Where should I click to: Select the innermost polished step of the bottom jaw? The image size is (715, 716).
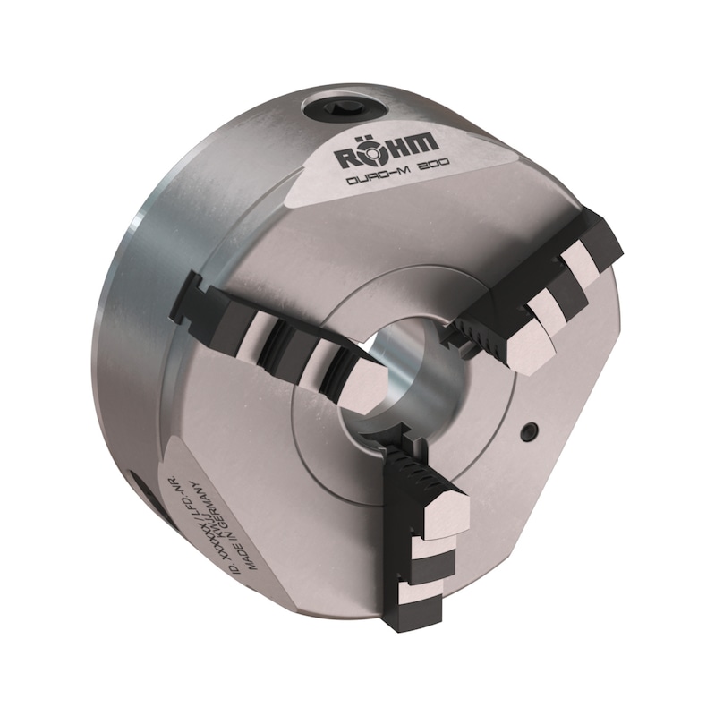(x=446, y=514)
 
